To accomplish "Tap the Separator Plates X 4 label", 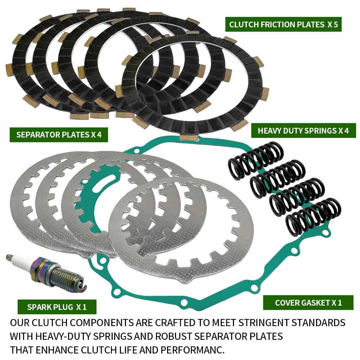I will pyautogui.click(x=59, y=135).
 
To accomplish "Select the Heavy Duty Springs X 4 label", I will pyautogui.click(x=303, y=130).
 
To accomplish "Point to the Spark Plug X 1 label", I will pyautogui.click(x=57, y=307).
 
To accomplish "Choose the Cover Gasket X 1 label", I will pyautogui.click(x=308, y=303).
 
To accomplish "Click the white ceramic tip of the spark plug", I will pyautogui.click(x=14, y=261).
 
